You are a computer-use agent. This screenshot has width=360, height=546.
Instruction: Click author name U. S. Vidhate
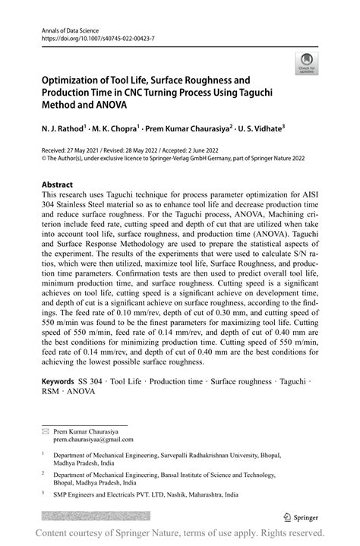point(256,130)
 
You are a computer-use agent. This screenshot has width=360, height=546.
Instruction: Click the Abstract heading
point(58,185)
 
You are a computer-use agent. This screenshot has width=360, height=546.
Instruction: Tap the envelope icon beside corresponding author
point(45,431)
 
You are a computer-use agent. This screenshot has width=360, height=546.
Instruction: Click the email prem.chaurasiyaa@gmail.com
point(93,439)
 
